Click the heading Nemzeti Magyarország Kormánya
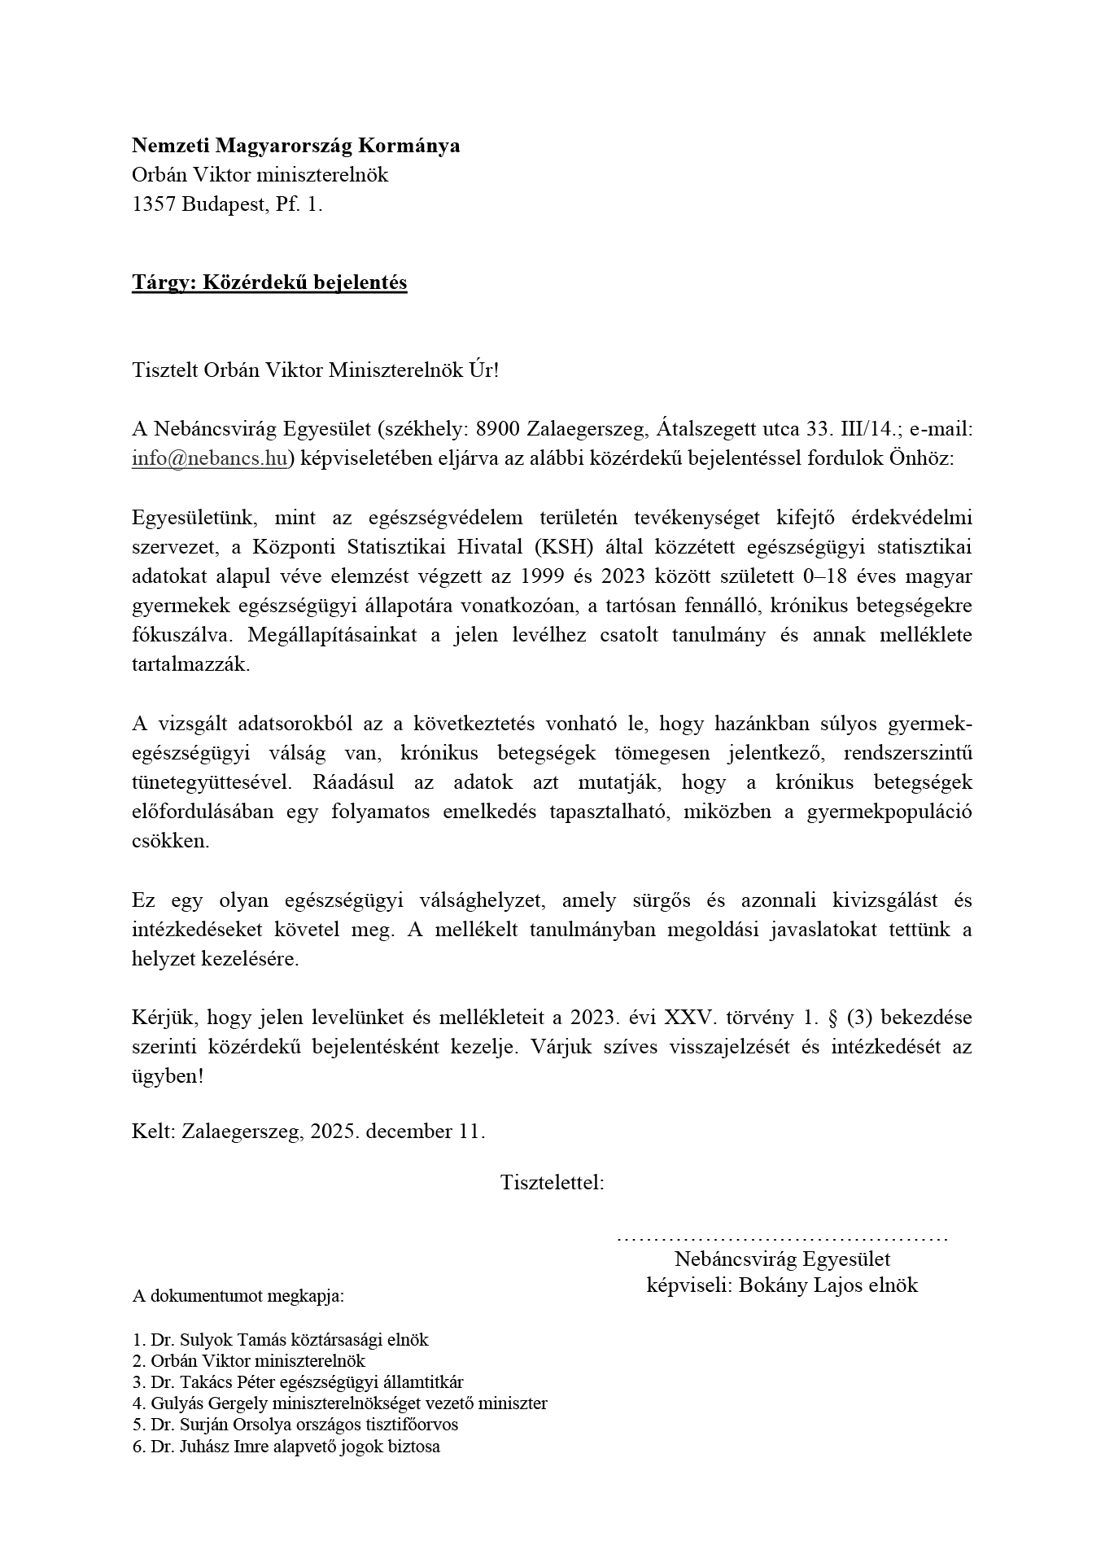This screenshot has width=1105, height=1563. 295,146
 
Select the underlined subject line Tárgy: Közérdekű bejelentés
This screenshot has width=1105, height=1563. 269,282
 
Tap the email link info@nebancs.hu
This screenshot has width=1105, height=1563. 210,458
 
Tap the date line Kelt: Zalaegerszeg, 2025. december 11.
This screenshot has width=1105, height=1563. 308,1132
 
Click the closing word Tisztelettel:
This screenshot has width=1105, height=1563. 552,1183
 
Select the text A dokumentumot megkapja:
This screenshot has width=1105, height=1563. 238,1296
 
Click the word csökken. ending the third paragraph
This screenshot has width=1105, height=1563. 170,842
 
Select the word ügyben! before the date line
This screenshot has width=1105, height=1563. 168,1076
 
